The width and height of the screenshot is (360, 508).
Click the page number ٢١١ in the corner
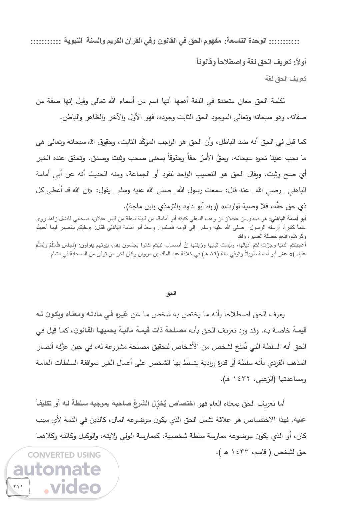tap(18, 486)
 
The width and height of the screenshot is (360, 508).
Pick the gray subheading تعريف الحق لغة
tap(286, 79)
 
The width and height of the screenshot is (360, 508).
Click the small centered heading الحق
tap(171, 294)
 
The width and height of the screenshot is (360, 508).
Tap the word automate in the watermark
tap(57, 470)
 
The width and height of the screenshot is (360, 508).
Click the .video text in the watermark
tap(72, 487)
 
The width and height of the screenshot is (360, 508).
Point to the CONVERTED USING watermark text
tap(64, 455)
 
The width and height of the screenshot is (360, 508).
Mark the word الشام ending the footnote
tap(55, 254)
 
